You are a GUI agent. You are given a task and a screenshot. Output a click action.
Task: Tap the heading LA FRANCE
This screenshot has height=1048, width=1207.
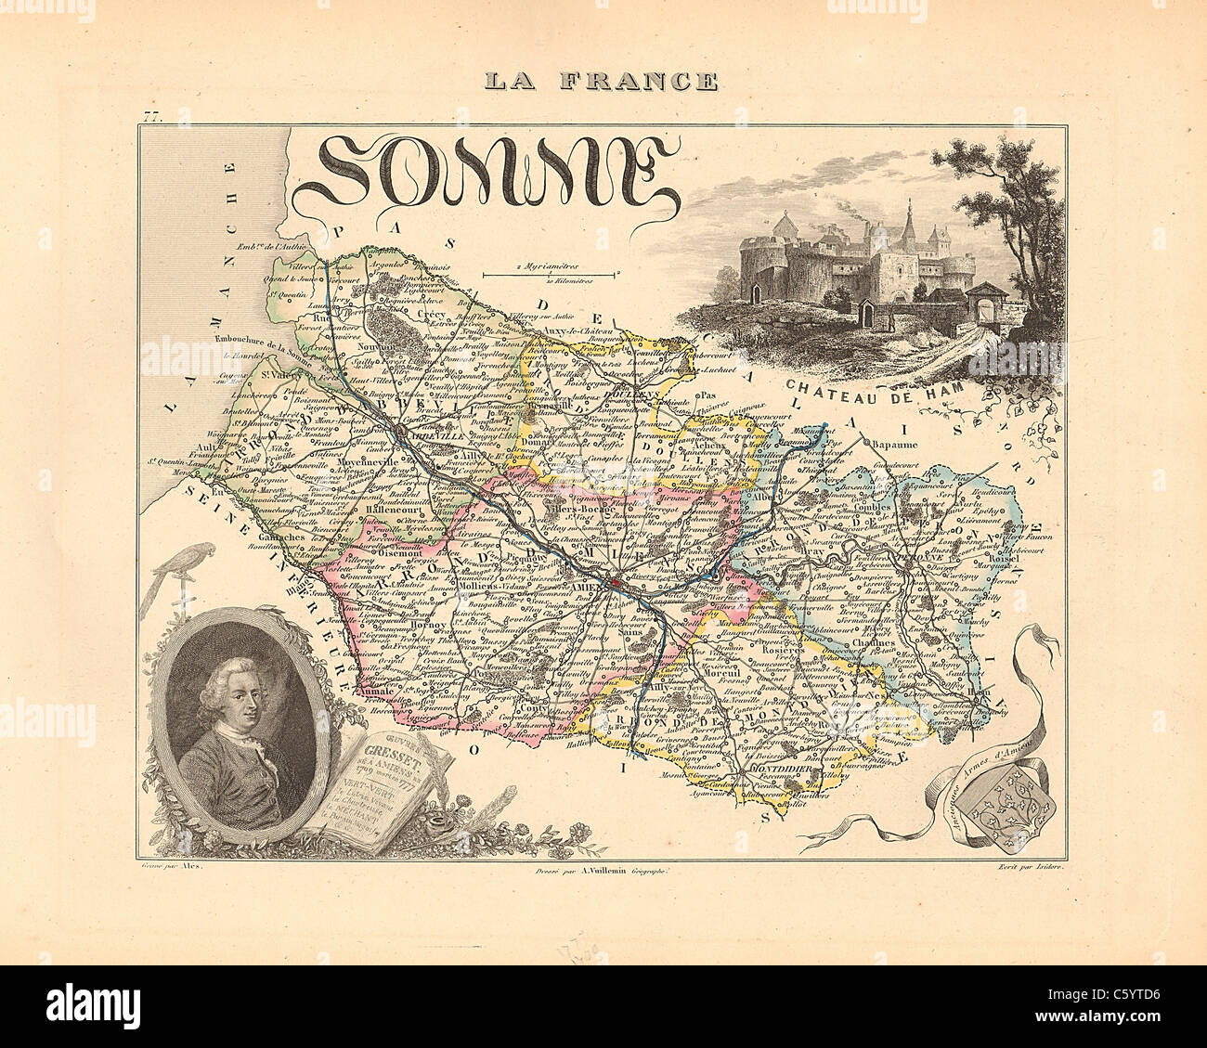602,82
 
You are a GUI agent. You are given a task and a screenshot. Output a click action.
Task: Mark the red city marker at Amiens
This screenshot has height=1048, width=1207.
615,583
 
